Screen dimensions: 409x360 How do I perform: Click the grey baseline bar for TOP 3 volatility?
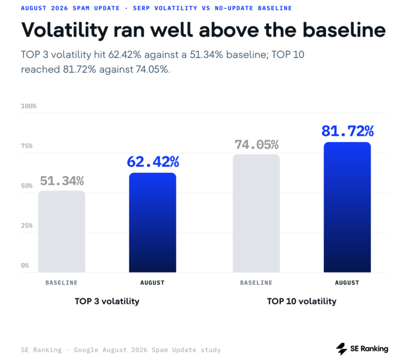(61, 232)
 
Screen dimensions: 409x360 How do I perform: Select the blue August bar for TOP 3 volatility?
(152, 223)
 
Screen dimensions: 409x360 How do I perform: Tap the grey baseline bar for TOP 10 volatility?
(256, 214)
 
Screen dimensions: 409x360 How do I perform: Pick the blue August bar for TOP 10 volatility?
(347, 207)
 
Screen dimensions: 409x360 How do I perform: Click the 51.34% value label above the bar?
(62, 181)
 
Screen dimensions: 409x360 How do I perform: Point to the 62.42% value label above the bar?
(153, 162)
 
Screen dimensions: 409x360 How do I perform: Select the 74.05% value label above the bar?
(257, 144)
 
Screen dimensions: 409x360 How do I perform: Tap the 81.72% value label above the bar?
(348, 131)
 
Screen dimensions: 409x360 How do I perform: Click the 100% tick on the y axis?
(29, 106)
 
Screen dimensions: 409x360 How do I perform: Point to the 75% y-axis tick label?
(27, 146)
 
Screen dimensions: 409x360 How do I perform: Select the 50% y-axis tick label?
(27, 186)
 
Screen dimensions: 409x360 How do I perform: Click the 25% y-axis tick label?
(27, 226)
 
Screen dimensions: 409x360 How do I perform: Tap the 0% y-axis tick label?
(25, 266)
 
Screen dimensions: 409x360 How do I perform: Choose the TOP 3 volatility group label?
(107, 301)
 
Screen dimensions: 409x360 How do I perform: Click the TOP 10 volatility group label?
(302, 301)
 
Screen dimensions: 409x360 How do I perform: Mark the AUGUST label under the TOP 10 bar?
(347, 283)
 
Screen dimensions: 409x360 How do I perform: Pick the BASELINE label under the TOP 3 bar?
(61, 283)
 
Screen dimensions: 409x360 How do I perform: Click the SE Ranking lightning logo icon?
(341, 349)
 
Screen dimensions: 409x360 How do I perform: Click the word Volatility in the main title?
(65, 31)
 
